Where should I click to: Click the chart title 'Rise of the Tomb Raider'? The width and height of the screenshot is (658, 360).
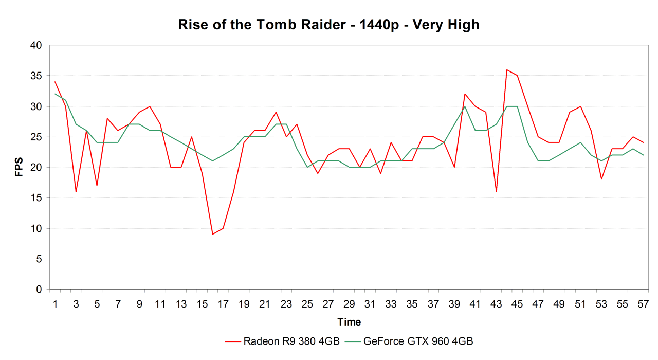[328, 25]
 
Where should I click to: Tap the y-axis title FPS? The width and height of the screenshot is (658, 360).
[19, 167]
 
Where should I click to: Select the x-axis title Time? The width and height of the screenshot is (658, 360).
[349, 322]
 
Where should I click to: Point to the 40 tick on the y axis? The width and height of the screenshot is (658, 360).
[36, 45]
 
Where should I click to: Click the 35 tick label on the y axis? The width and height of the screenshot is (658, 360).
[36, 76]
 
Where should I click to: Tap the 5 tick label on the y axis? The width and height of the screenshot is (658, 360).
[39, 259]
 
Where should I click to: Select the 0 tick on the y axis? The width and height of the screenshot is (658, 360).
[39, 290]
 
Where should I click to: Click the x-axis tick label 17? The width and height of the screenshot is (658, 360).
[223, 304]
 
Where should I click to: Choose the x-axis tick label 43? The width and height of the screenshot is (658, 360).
[496, 304]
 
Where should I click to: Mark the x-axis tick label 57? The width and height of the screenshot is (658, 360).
[643, 304]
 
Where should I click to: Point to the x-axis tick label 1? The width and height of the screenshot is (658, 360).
[55, 304]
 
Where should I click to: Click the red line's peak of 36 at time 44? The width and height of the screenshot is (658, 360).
[507, 69]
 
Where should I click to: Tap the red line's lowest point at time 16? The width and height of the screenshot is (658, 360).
[212, 235]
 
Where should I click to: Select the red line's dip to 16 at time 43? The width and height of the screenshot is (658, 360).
[496, 192]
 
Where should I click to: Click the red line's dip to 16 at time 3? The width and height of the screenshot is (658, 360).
[76, 192]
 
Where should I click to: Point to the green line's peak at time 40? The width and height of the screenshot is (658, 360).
[465, 106]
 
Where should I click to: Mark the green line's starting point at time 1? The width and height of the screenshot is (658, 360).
[55, 94]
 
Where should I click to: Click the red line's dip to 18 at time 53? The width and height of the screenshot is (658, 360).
[601, 179]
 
